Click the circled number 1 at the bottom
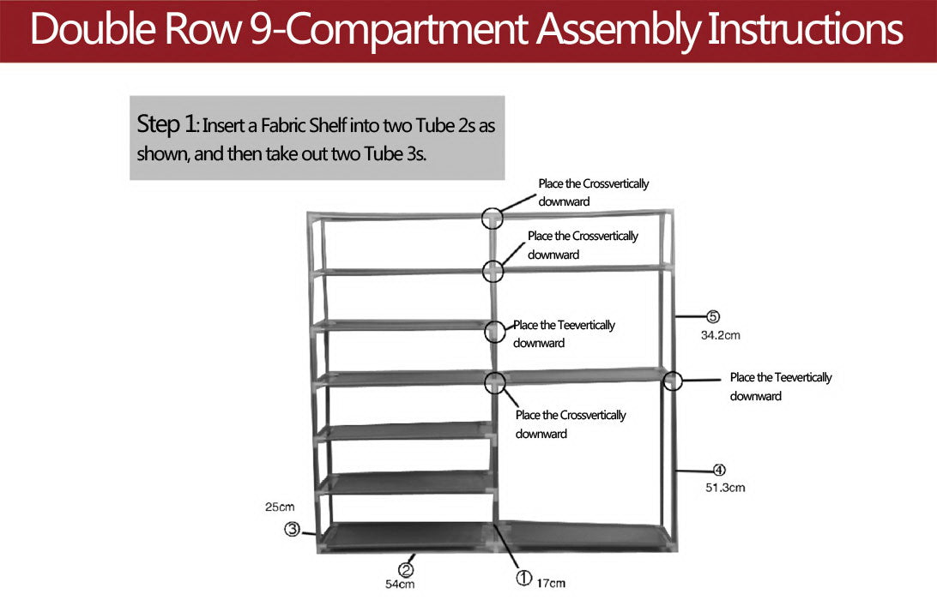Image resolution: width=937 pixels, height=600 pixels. (x=523, y=577)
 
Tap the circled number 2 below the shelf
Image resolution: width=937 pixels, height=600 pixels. (x=406, y=568)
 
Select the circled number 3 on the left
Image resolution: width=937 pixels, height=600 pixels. (x=292, y=530)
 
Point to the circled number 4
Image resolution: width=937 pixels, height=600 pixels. (x=720, y=470)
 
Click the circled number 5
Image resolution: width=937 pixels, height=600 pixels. (x=713, y=317)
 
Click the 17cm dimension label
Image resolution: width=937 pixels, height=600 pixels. (x=552, y=584)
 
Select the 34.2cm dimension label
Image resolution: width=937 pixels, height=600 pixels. (x=720, y=335)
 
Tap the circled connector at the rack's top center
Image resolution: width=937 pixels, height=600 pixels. (x=492, y=218)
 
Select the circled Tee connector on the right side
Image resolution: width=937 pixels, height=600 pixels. (x=671, y=381)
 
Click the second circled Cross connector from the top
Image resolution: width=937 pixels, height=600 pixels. (x=493, y=272)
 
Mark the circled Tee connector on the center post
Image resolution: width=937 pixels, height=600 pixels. (x=495, y=332)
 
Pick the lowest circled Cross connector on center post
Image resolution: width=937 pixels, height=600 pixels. (x=495, y=382)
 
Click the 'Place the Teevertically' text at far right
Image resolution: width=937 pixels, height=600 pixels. (x=780, y=377)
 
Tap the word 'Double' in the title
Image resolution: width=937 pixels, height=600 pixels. (x=86, y=30)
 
